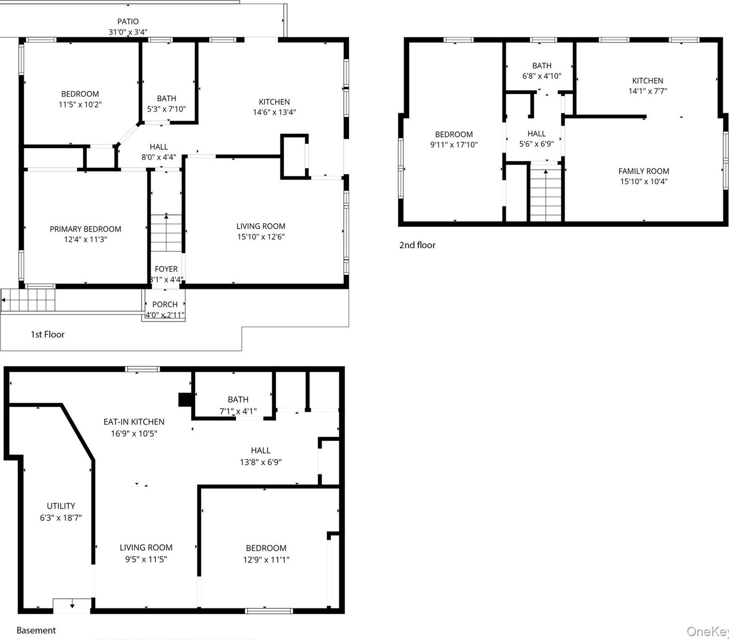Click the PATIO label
pos(128,21)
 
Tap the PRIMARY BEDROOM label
pos(86,229)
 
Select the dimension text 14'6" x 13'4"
pos(274,112)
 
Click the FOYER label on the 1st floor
pos(166,269)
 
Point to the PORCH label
pos(165,304)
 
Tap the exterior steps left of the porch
pos(28,299)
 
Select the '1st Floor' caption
pos(47,334)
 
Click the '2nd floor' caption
pos(417,245)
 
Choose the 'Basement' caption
pos(36,630)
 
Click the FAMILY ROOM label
pos(643,171)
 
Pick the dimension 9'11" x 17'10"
pos(453,145)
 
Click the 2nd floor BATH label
pos(542,66)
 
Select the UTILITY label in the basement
pos(61,506)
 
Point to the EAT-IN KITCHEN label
pos(134,422)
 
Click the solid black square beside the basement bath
pos(185,399)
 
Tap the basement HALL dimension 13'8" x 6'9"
pos(260,462)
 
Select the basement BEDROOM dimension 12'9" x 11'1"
pos(266,560)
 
